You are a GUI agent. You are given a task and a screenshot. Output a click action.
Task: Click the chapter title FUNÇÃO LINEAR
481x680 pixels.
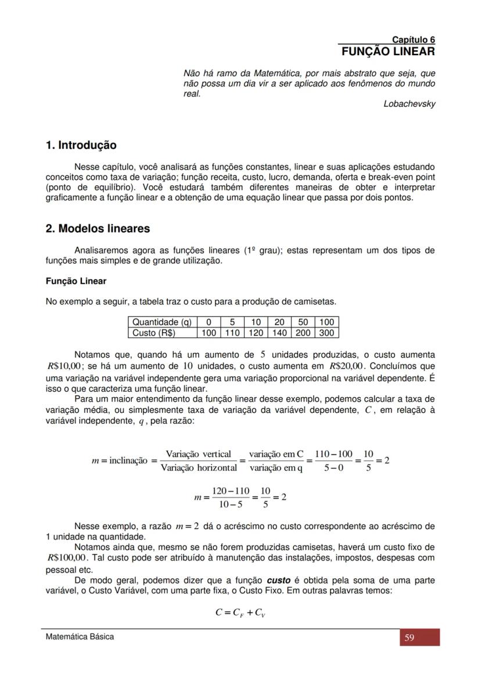point(388,52)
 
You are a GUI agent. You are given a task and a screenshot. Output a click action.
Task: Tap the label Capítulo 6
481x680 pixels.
point(413,39)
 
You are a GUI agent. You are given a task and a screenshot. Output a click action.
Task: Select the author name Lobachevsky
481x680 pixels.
point(409,104)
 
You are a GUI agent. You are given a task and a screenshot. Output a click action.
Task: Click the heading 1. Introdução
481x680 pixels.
point(81,145)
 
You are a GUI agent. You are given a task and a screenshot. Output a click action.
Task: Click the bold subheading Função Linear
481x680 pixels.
point(76,281)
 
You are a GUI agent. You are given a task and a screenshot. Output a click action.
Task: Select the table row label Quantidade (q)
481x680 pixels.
point(162,322)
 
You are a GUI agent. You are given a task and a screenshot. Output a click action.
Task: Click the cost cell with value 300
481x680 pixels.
point(326,333)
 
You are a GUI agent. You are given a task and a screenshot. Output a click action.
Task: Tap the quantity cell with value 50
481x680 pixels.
point(303,322)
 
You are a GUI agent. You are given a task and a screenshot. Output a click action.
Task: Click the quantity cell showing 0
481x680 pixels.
point(209,322)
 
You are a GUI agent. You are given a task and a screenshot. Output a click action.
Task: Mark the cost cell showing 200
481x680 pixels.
point(303,333)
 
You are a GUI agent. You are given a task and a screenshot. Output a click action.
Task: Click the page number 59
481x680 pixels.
point(409,638)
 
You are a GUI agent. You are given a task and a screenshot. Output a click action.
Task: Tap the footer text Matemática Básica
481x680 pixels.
point(80,636)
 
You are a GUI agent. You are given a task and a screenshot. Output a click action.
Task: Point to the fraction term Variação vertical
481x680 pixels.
point(198,454)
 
